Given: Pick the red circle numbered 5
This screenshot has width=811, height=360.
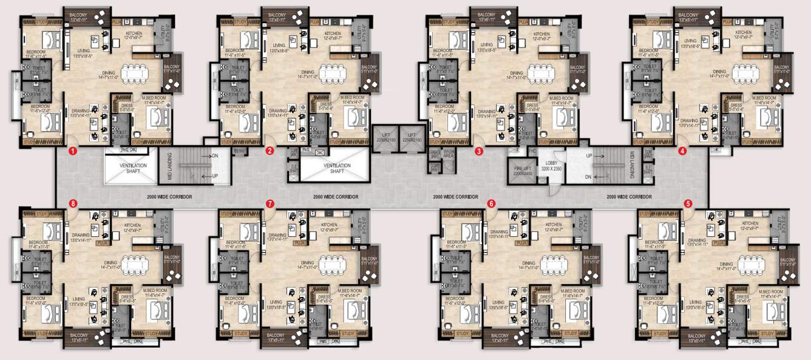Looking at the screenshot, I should click(x=688, y=204).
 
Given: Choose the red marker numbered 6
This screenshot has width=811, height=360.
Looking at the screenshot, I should click(x=492, y=204).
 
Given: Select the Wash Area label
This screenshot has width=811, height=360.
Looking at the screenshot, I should click(x=449, y=154).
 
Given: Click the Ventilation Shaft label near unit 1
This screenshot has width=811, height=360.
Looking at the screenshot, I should click(x=130, y=168).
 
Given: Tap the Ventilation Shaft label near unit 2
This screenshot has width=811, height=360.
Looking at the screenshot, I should click(x=337, y=168).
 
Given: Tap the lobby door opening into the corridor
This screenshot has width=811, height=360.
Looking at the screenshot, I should click(x=552, y=189).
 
